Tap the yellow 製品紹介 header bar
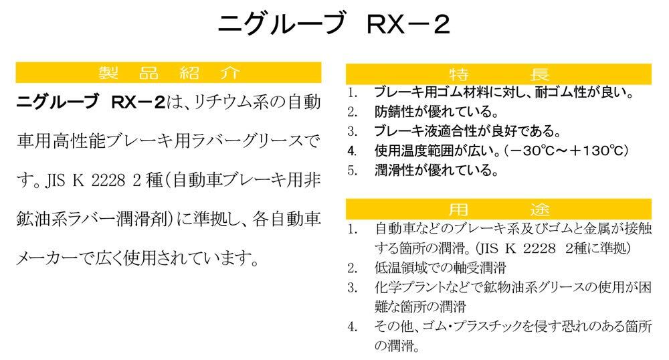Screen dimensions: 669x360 pos(168,73)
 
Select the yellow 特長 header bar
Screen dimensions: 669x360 pos(498,74)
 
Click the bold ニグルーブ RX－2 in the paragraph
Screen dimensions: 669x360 pos(89,104)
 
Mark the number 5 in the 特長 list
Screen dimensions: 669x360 pos(353,169)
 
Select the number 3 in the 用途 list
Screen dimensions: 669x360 pos(353,288)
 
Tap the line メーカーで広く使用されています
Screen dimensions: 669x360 pos(137,257)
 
